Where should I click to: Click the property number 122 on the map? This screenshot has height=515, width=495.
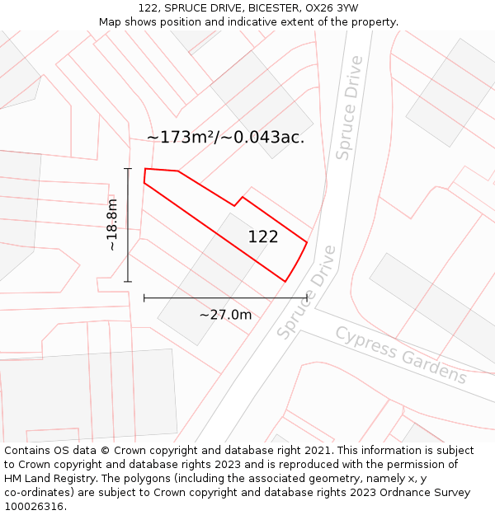point(263,237)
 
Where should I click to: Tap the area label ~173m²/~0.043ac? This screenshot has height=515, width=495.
point(225,138)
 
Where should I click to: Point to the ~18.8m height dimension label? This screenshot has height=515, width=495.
point(111,225)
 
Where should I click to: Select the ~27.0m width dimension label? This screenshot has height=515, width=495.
point(225,315)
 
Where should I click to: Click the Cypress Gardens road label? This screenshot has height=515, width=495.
point(401,355)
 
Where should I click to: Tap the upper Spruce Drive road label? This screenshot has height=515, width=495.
point(349,108)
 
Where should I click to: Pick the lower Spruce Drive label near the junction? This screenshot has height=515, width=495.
point(307,293)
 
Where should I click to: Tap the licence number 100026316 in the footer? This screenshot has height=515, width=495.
point(35,507)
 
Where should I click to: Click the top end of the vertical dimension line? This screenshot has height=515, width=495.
point(128,169)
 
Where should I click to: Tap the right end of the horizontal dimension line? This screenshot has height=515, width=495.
point(307,297)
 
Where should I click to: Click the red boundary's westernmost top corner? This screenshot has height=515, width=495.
point(145,170)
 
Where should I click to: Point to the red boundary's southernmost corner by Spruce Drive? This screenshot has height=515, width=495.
point(285,282)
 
